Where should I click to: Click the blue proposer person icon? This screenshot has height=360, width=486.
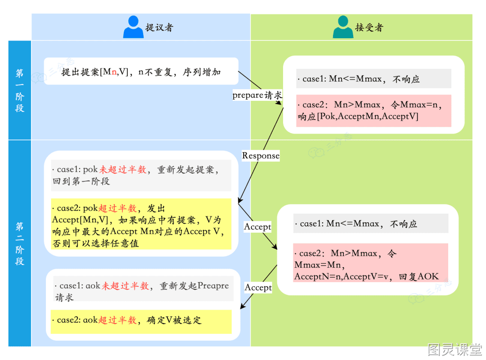pos(133,27)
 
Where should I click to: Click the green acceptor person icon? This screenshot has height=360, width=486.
pos(343,27)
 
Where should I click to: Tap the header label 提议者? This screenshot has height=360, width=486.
pos(159,27)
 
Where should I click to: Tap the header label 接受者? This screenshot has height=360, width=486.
pos(369,27)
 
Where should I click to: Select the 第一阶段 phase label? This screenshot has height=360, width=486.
pos(19,90)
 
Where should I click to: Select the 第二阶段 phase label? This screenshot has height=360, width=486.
pos(19,243)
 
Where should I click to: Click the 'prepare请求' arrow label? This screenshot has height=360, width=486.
pos(257,95)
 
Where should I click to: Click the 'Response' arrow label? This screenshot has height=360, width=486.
pos(261,155)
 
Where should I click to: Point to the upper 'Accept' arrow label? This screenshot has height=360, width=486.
pos(257,227)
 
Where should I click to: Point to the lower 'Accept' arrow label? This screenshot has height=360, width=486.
pos(258,288)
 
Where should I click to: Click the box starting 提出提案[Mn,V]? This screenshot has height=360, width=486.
pos(141,71)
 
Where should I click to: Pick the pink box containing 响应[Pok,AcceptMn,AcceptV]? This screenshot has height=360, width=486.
pos(373,111)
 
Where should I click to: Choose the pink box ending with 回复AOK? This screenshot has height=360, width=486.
pos(371,263)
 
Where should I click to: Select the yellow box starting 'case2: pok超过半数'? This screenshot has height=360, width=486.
pos(141,224)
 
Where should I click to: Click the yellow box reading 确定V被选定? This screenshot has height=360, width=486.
pos(141,322)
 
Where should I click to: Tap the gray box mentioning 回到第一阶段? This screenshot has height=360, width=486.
pos(141,175)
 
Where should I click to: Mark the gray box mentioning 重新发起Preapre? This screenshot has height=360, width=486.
pos(143,289)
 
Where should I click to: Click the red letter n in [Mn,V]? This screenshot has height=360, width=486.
pos(114,72)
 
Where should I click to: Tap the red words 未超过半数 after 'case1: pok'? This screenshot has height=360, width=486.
pos(123,169)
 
